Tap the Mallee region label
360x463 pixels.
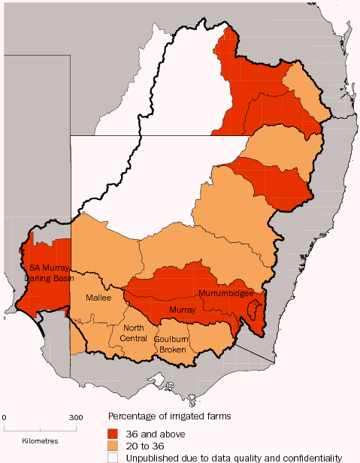98,298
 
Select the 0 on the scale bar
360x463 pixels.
5,416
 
